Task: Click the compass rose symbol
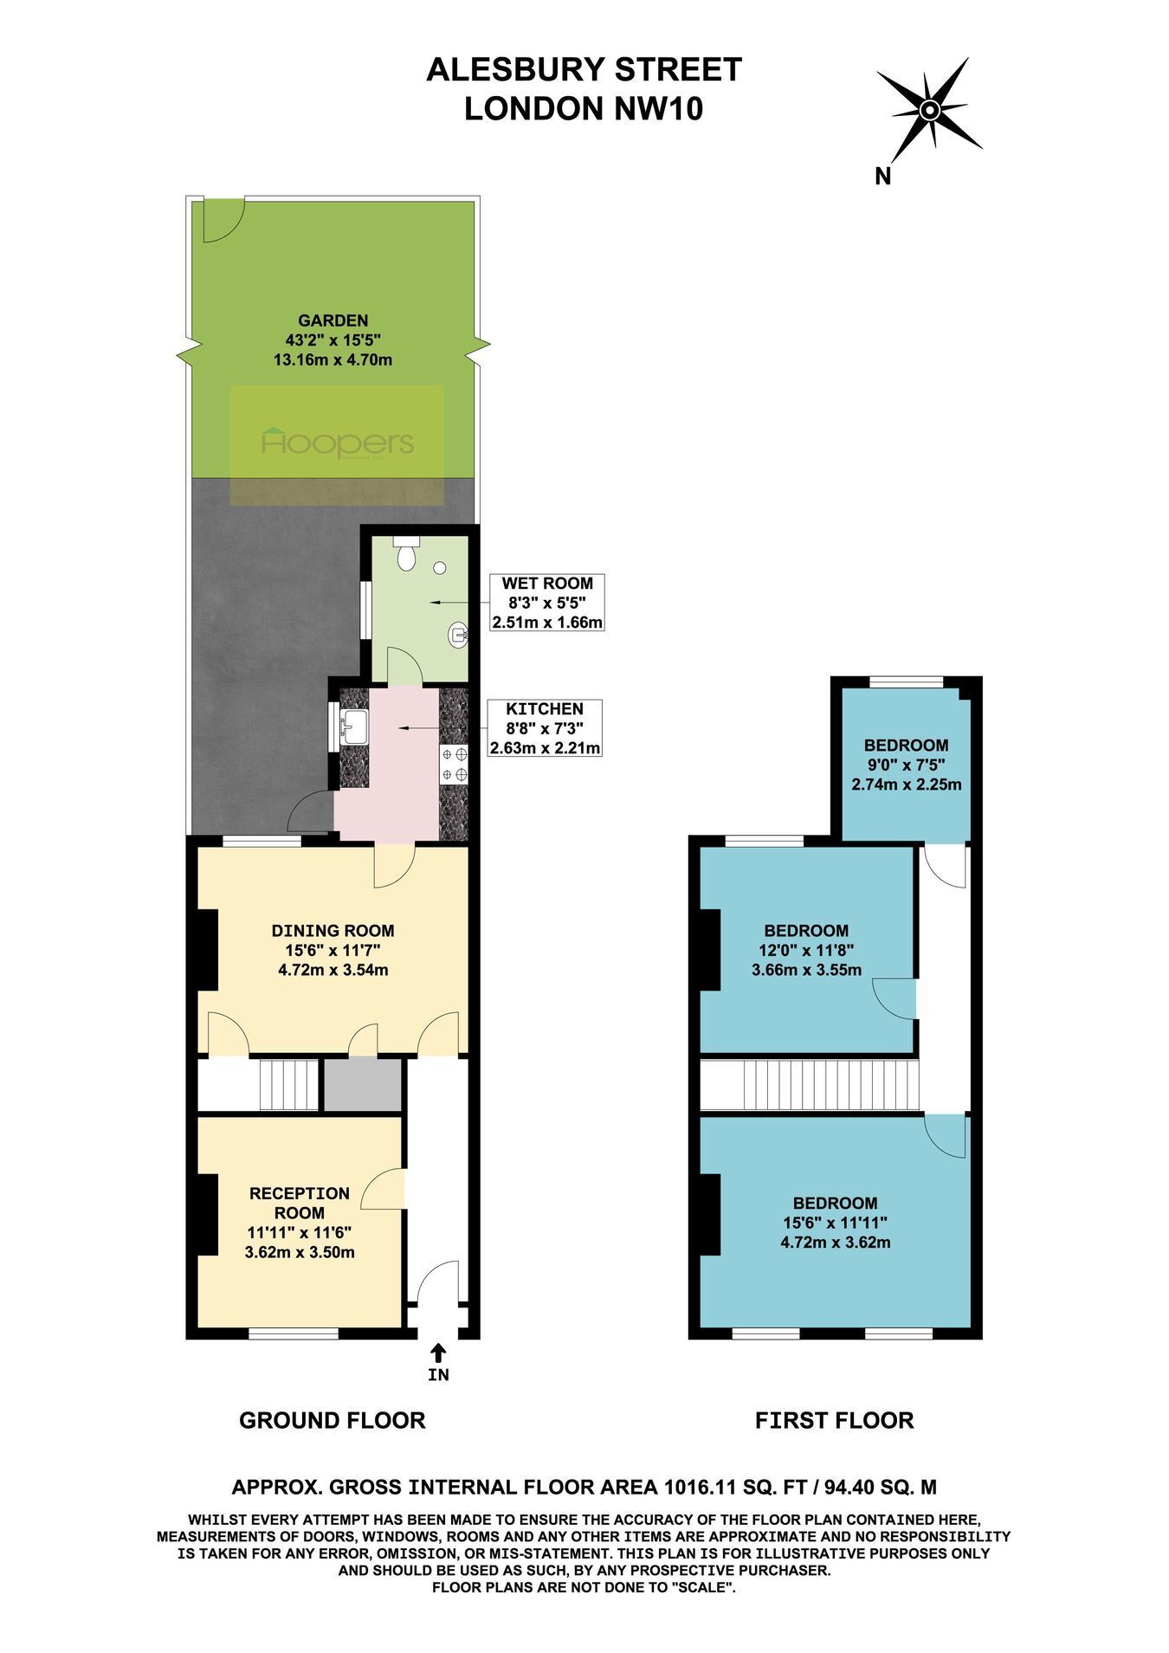[929, 110]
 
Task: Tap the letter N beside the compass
[883, 177]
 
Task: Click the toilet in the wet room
[406, 552]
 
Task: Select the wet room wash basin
[458, 636]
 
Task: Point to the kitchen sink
[354, 726]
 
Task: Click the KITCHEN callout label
[545, 728]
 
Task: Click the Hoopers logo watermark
[337, 443]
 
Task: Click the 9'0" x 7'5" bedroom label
[907, 765]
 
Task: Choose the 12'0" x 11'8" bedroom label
[806, 950]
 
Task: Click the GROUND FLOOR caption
[333, 1421]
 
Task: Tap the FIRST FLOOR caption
[835, 1421]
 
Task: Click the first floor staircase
[808, 1084]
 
